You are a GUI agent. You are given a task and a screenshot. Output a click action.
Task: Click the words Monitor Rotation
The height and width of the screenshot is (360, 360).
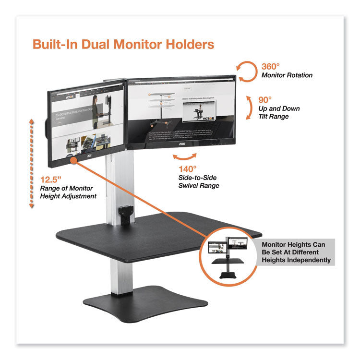pyautogui.click(x=287, y=75)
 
